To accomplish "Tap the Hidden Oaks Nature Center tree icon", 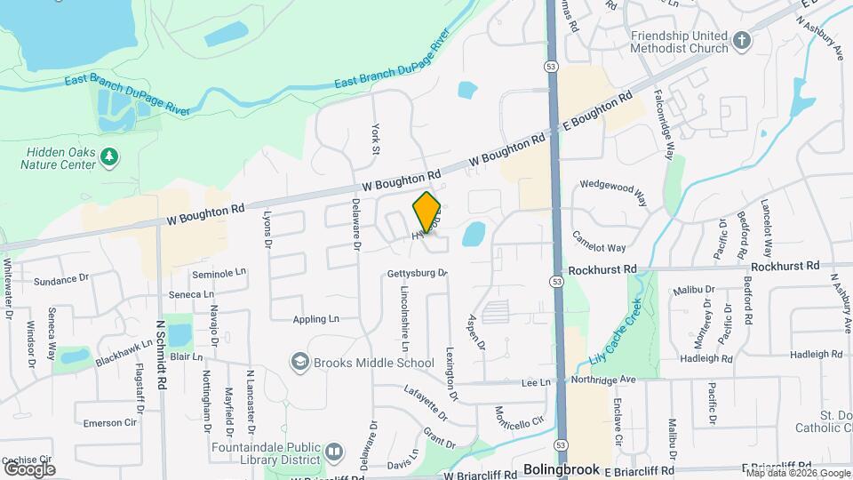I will [x=109, y=157].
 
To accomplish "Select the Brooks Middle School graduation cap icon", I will [x=300, y=362].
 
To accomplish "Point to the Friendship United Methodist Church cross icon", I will [x=742, y=40].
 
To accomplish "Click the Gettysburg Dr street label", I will [x=417, y=273].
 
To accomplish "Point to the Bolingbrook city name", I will [x=562, y=468].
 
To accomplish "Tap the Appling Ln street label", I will [x=316, y=318].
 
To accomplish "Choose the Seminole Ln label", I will [x=219, y=273].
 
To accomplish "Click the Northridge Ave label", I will [x=603, y=380].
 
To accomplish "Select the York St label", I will [x=376, y=140].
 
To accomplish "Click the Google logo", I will [x=29, y=468].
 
